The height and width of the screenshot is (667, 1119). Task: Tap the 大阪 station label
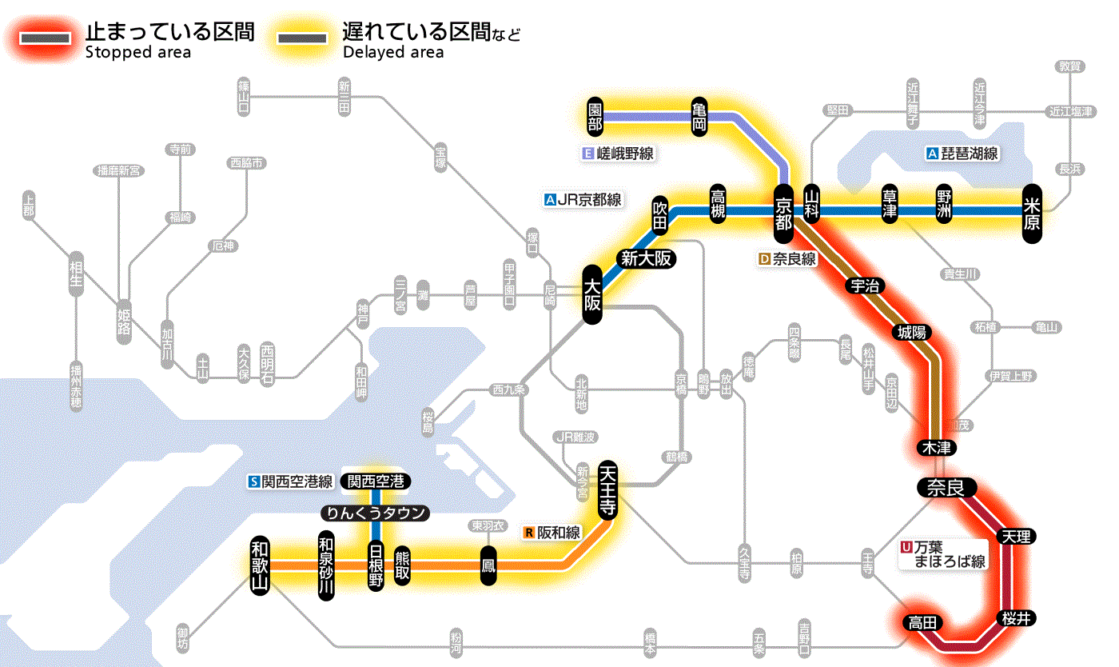[x=591, y=294]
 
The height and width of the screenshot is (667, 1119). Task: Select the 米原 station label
[x=1032, y=213]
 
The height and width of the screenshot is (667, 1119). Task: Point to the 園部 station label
[x=594, y=117]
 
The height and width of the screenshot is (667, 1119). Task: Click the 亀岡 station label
[x=700, y=117]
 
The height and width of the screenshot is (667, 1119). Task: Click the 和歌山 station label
[x=261, y=565]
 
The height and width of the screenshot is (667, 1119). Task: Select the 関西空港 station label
[x=376, y=481]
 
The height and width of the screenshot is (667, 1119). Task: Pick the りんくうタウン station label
[x=375, y=513]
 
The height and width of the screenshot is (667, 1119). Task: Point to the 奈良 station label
[x=946, y=487]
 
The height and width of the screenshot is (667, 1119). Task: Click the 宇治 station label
[x=865, y=286]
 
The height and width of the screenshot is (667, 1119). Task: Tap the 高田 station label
[x=922, y=622]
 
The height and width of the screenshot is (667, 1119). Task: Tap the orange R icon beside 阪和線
[x=528, y=533]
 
